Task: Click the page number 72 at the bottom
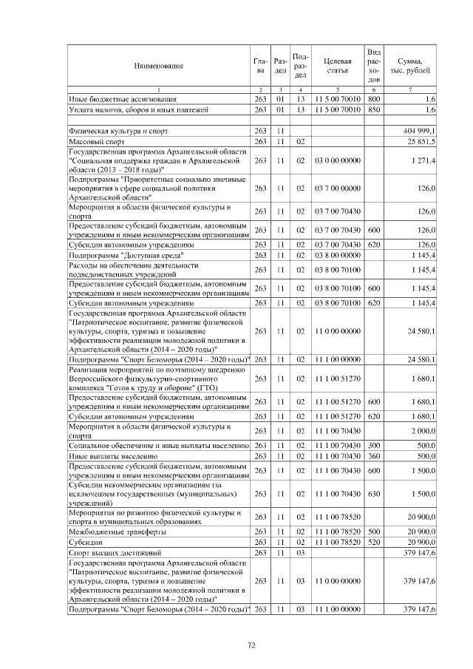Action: (x=251, y=645)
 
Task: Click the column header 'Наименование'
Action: (x=158, y=66)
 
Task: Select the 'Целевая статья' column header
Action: (x=336, y=65)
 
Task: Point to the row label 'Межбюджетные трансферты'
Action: (x=117, y=532)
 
